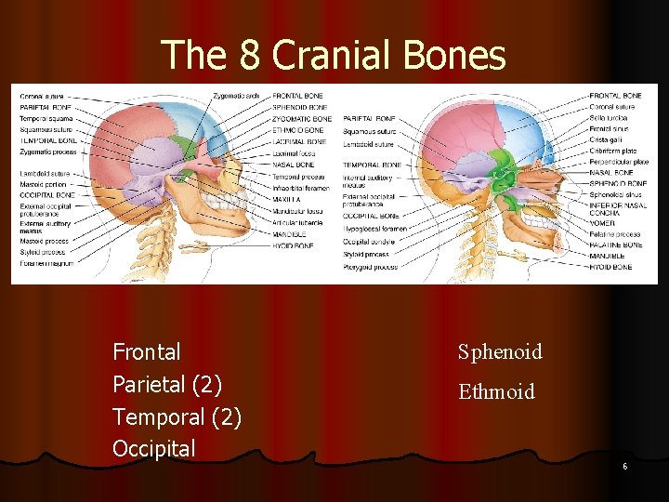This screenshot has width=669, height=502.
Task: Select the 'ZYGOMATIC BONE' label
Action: (301, 119)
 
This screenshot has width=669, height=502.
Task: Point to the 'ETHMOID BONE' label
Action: (297, 130)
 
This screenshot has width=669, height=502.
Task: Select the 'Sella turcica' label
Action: (610, 118)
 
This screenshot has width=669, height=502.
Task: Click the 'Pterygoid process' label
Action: (370, 267)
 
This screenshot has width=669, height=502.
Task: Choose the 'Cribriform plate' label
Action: (613, 151)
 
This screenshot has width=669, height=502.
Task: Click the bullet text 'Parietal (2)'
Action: (167, 385)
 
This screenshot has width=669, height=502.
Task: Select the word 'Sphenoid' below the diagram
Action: (500, 351)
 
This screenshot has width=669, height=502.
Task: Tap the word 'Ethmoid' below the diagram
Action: (496, 391)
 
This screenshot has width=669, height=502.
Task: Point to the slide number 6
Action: (624, 466)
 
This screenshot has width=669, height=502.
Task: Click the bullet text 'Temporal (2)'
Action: (177, 417)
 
